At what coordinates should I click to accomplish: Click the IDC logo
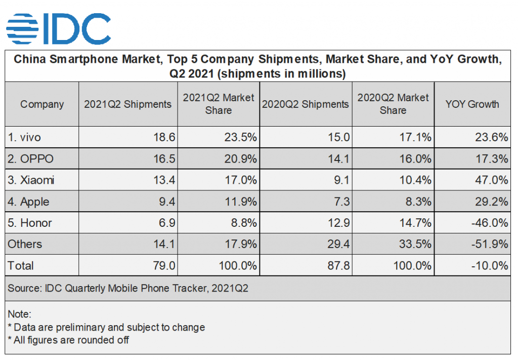coord(59,29)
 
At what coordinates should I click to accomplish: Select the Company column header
coord(42,104)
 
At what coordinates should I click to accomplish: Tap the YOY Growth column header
coord(472,104)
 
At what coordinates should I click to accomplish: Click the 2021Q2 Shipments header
coord(127,104)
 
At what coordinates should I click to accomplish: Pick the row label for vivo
coord(24,137)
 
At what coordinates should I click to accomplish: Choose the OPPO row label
coord(30,158)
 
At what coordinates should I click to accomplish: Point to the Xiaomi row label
coord(31,180)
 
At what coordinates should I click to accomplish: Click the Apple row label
coord(28,202)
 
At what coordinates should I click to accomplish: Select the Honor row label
coord(30,223)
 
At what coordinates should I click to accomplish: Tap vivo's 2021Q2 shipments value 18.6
coord(164,137)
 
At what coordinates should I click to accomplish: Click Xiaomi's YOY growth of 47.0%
coord(492,180)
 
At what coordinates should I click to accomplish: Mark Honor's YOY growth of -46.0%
coord(490,223)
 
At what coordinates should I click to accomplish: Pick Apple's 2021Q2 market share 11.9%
coord(241,202)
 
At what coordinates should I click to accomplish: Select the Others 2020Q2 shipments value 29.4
coord(338,244)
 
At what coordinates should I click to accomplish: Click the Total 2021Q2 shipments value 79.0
coord(164,266)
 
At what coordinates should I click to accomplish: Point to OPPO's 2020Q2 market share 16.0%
coord(415,158)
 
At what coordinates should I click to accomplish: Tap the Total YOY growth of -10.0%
coord(490,266)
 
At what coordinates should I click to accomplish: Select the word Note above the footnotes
coord(19,314)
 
